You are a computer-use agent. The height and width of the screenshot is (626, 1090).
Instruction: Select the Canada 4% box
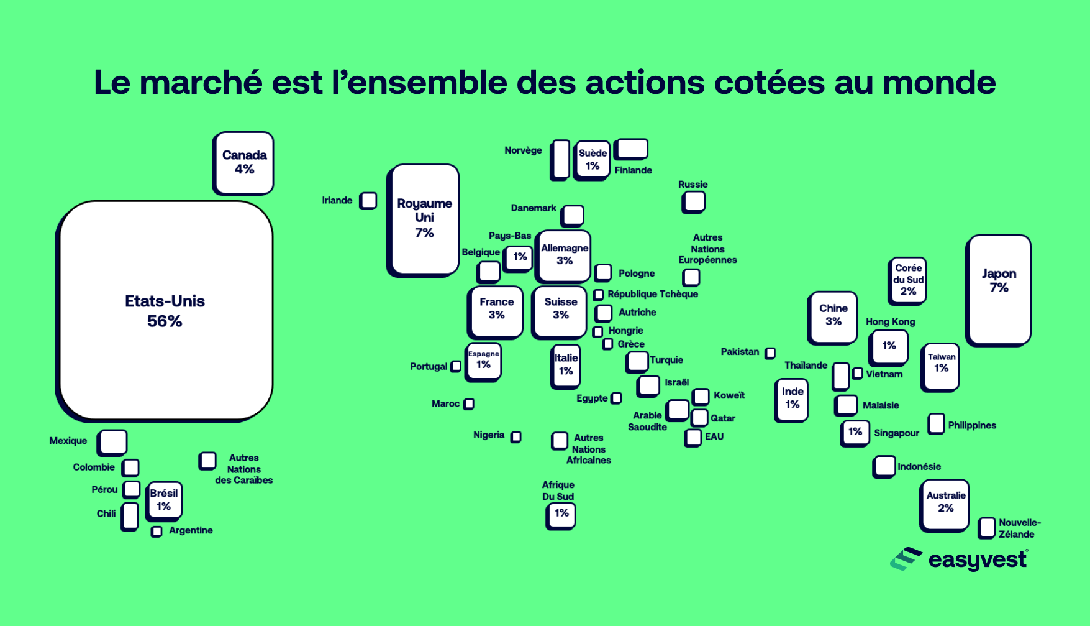click(244, 162)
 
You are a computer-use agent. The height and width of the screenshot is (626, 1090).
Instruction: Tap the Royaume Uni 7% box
click(425, 218)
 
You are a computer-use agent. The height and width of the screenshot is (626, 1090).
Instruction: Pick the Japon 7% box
click(999, 288)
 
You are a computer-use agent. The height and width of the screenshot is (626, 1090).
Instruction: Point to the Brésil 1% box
click(164, 500)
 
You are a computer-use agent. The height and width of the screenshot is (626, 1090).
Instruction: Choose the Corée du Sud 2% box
click(907, 280)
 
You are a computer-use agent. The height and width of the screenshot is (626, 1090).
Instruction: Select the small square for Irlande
click(368, 200)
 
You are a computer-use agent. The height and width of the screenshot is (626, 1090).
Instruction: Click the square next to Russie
click(694, 201)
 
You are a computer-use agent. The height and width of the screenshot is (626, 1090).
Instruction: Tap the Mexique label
click(68, 441)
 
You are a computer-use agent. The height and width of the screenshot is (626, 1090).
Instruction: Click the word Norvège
click(523, 150)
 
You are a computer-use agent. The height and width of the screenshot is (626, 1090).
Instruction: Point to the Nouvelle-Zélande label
click(1019, 528)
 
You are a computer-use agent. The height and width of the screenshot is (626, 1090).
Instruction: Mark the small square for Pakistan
click(770, 353)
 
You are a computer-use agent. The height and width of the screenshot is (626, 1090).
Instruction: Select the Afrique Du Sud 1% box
click(561, 515)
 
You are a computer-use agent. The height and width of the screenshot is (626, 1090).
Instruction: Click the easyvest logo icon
click(906, 559)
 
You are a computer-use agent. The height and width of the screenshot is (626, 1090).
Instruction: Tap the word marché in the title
click(201, 83)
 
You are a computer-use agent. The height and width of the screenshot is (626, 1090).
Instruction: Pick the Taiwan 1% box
click(941, 366)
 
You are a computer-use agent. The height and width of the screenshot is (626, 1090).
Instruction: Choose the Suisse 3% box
click(560, 311)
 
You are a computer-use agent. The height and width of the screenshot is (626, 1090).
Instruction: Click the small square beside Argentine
click(157, 531)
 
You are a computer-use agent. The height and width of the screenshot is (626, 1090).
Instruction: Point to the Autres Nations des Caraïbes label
click(243, 469)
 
